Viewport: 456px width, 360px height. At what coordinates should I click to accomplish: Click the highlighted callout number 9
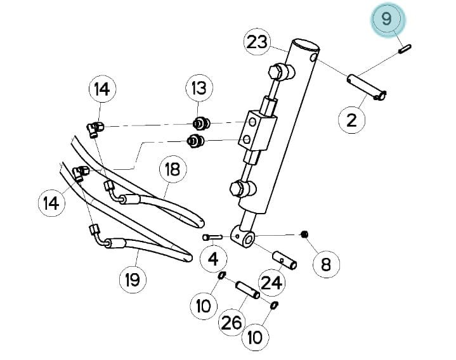(x=387, y=18)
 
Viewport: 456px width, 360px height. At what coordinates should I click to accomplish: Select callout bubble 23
(x=257, y=42)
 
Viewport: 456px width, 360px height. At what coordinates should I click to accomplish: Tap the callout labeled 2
(x=352, y=119)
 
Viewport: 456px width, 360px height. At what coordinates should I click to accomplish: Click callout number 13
(x=199, y=87)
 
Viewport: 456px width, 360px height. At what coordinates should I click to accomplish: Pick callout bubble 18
(x=173, y=169)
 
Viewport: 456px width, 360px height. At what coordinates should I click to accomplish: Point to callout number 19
(x=133, y=280)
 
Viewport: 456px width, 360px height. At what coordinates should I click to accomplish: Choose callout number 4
(x=214, y=259)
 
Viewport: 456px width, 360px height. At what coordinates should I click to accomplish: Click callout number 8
(x=326, y=264)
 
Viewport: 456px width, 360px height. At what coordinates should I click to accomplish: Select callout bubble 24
(x=272, y=282)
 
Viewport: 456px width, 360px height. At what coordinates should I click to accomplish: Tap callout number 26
(x=231, y=322)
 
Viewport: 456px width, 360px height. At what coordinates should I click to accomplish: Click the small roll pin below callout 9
(x=405, y=49)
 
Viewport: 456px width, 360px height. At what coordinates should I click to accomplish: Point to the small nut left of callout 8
(x=304, y=234)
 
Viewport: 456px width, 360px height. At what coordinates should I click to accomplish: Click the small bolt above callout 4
(x=212, y=238)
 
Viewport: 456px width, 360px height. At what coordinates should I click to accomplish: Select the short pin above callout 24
(x=284, y=260)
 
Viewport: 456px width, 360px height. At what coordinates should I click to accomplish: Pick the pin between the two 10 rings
(x=247, y=290)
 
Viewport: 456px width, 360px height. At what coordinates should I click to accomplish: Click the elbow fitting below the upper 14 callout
(x=95, y=129)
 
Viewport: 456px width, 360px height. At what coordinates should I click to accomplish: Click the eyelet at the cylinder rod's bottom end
(x=243, y=237)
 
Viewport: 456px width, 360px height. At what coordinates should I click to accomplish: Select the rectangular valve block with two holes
(x=257, y=130)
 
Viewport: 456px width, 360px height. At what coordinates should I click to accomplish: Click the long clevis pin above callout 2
(x=367, y=87)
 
